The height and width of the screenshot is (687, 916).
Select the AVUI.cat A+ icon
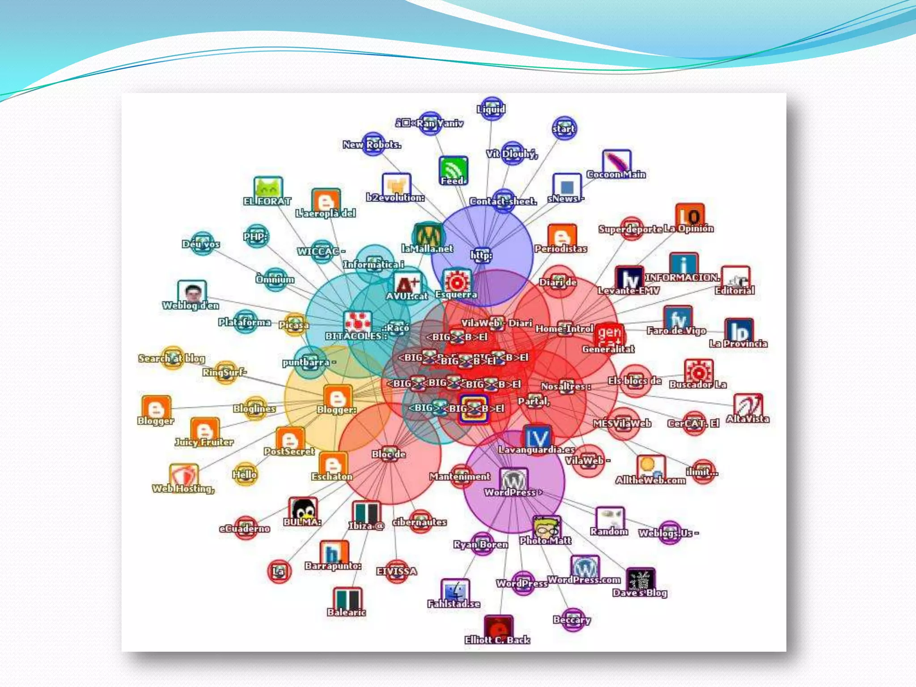(x=408, y=284)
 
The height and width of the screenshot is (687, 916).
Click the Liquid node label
(x=491, y=109)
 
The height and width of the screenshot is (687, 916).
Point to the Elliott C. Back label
(x=497, y=640)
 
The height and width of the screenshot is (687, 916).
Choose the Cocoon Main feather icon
(x=616, y=162)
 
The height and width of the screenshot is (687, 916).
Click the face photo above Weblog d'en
(x=192, y=292)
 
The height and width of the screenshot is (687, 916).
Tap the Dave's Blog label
(x=640, y=593)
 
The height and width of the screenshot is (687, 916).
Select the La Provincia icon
(x=738, y=331)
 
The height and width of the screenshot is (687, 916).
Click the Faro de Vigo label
(x=676, y=331)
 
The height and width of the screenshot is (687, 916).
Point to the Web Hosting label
(x=183, y=488)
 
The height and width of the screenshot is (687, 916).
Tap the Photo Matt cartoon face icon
(x=546, y=528)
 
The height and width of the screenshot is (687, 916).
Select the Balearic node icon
(x=347, y=599)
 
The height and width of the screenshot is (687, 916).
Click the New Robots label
(x=372, y=144)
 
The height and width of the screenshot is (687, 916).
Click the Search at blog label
(x=171, y=358)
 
